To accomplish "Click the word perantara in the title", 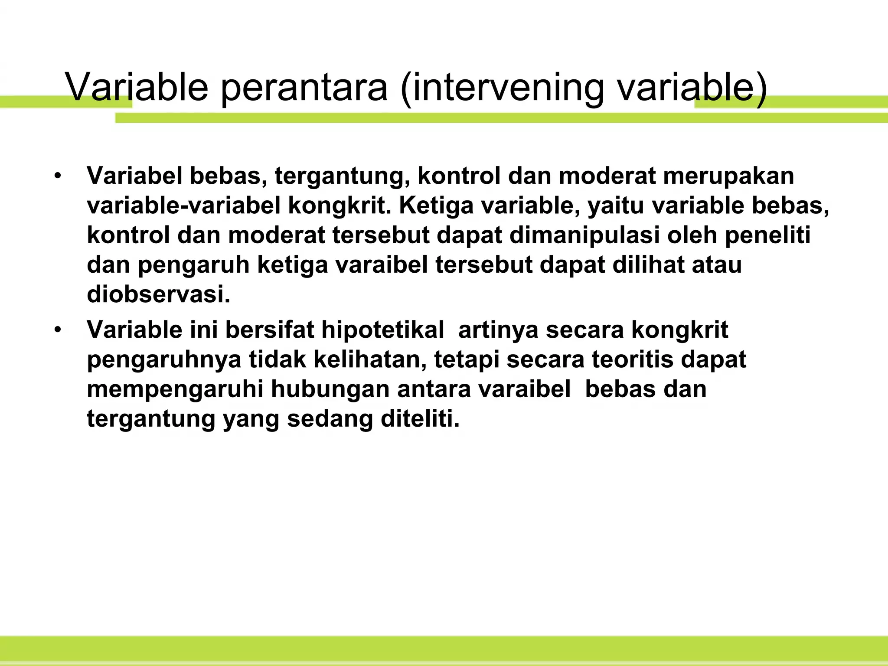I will pos(304,88).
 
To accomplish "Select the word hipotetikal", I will pos(382,330).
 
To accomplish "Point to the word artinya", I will pos(498,330).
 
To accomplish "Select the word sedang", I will pos(330,419).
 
